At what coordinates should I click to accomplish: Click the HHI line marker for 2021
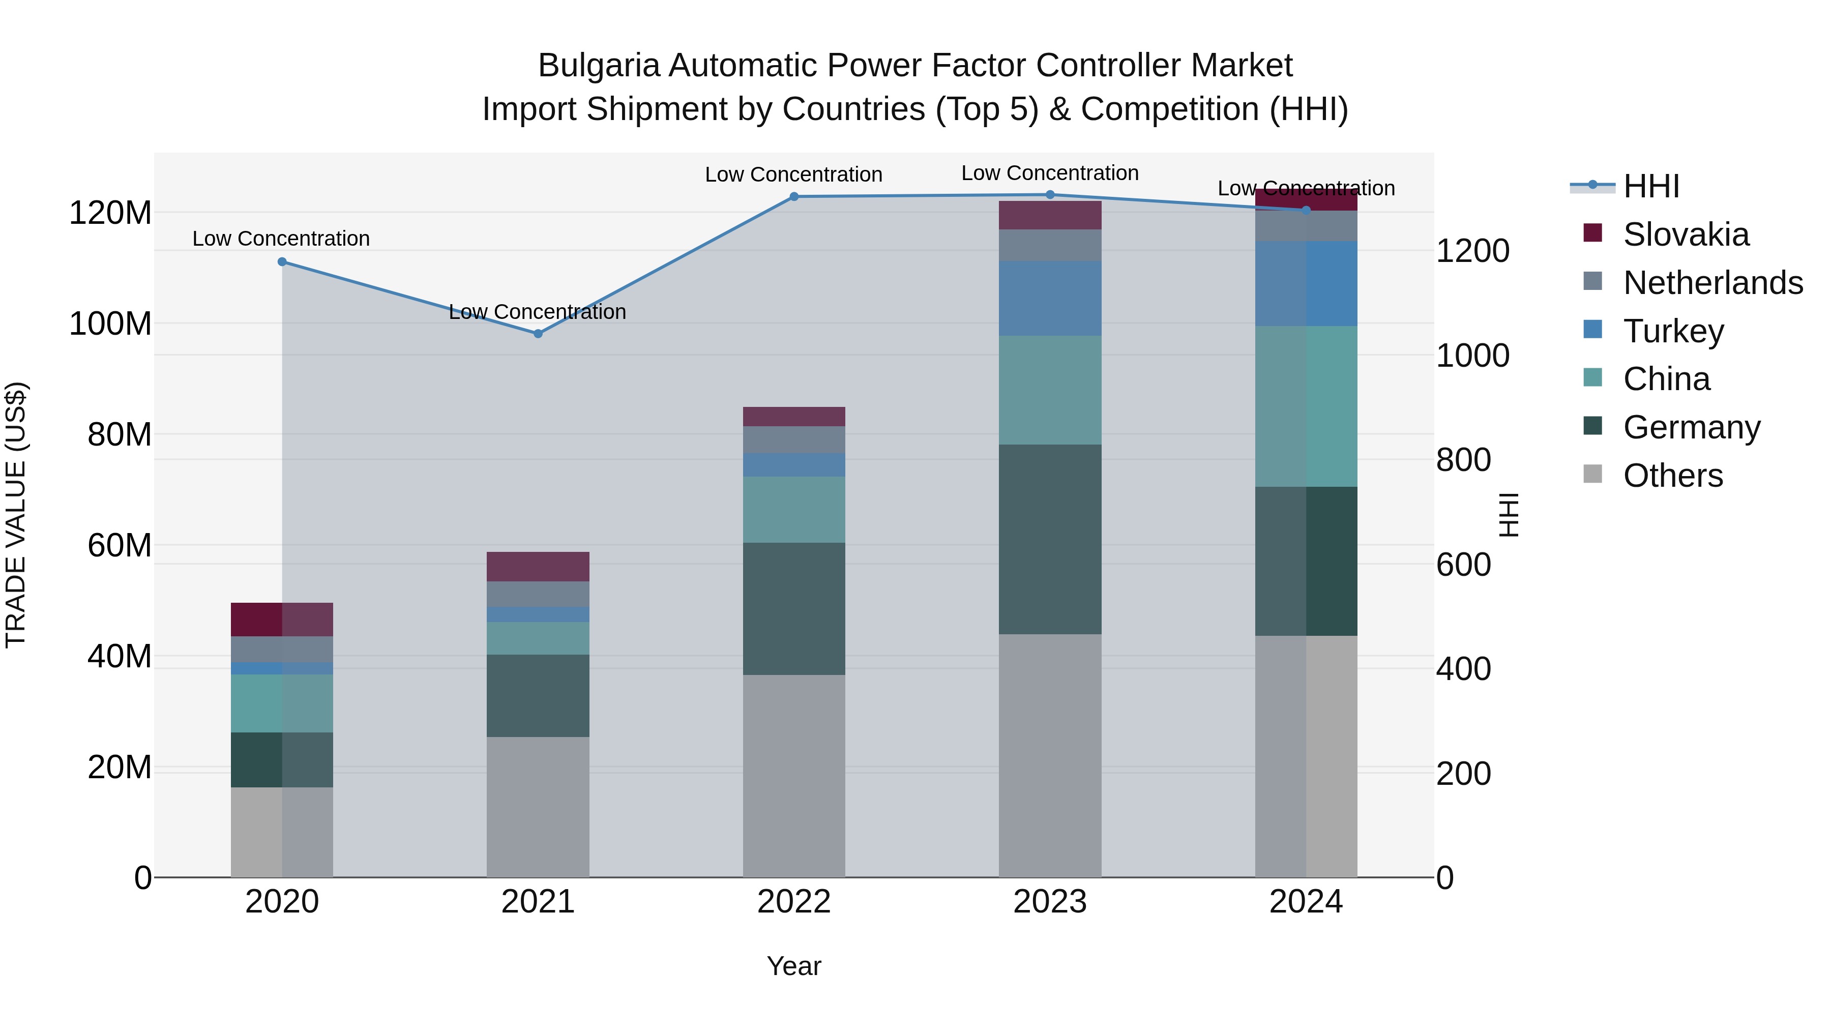(538, 333)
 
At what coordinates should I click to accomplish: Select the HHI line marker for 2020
(282, 261)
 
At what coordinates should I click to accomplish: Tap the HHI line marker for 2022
(794, 196)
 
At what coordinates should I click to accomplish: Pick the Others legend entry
(1672, 476)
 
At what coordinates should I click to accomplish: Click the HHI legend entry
(1651, 186)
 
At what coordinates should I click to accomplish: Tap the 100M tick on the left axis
(110, 324)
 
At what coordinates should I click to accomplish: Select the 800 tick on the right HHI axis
(1463, 460)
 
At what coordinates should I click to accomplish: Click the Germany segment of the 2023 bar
(1050, 539)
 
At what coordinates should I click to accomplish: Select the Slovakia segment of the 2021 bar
(538, 567)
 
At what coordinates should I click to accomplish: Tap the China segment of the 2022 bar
(794, 510)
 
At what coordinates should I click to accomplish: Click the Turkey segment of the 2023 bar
(1050, 298)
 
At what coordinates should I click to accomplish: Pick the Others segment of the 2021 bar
(538, 807)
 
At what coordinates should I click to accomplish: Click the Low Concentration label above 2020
(281, 239)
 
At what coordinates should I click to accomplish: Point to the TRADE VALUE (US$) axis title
(16, 515)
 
